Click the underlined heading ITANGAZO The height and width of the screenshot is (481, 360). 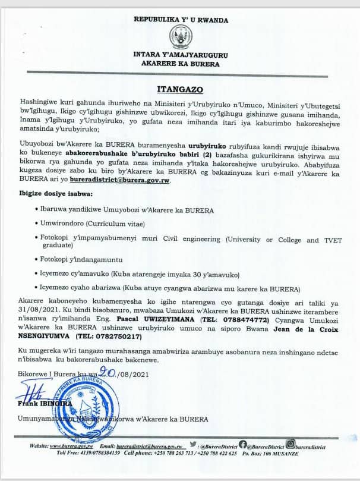180,90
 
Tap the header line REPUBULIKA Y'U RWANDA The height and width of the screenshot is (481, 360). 180,20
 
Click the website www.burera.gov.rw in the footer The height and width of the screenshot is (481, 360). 70,446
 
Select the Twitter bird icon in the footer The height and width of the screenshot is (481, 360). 194,444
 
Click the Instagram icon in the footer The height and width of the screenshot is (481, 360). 290,443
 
